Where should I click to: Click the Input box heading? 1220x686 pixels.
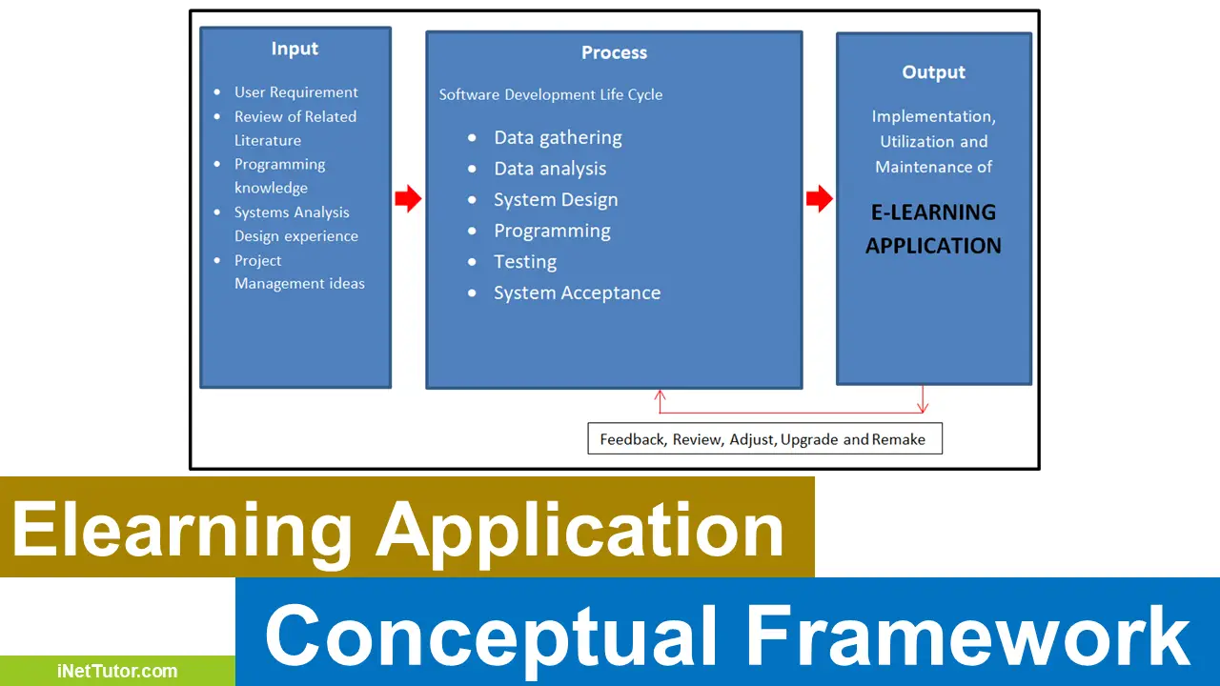pyautogui.click(x=295, y=49)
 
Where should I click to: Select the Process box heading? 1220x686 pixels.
pyautogui.click(x=614, y=52)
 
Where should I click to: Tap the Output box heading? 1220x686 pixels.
pyautogui.click(x=933, y=72)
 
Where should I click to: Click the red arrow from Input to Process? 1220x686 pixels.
pyautogui.click(x=408, y=199)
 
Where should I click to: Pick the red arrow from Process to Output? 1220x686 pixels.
pyautogui.click(x=819, y=199)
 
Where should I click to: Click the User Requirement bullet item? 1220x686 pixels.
pyautogui.click(x=295, y=92)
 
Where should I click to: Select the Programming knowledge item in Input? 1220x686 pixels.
pyautogui.click(x=279, y=175)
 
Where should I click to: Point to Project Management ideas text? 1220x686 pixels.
pyautogui.click(x=298, y=272)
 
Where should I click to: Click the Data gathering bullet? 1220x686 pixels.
pyautogui.click(x=557, y=137)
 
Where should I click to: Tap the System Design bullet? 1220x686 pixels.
pyautogui.click(x=555, y=199)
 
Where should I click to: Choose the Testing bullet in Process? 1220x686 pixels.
pyautogui.click(x=524, y=261)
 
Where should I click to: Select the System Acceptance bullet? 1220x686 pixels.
pyautogui.click(x=576, y=293)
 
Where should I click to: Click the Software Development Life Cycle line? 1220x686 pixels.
pyautogui.click(x=550, y=95)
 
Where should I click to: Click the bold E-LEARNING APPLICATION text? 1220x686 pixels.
pyautogui.click(x=933, y=229)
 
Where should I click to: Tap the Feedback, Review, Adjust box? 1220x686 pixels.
pyautogui.click(x=763, y=439)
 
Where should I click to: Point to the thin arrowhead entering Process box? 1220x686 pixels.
pyautogui.click(x=660, y=393)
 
